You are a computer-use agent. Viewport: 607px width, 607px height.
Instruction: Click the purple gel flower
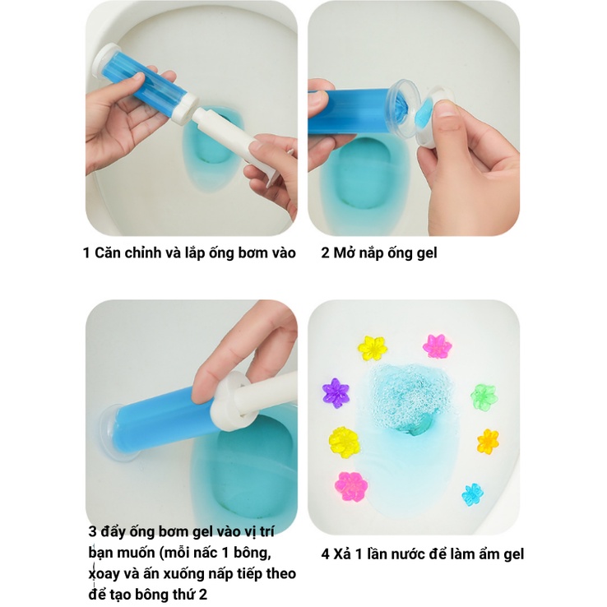336,392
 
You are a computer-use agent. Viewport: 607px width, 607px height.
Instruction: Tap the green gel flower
484,396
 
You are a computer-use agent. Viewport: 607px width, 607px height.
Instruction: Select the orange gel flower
489,441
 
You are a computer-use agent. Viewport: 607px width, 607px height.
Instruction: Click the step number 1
87,253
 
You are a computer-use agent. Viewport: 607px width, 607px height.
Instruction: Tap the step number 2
326,253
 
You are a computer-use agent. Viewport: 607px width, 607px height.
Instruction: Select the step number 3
92,531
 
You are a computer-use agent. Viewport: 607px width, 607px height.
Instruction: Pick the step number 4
326,554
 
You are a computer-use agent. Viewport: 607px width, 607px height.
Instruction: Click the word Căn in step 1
109,253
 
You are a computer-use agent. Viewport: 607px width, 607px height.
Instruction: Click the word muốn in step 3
135,551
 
